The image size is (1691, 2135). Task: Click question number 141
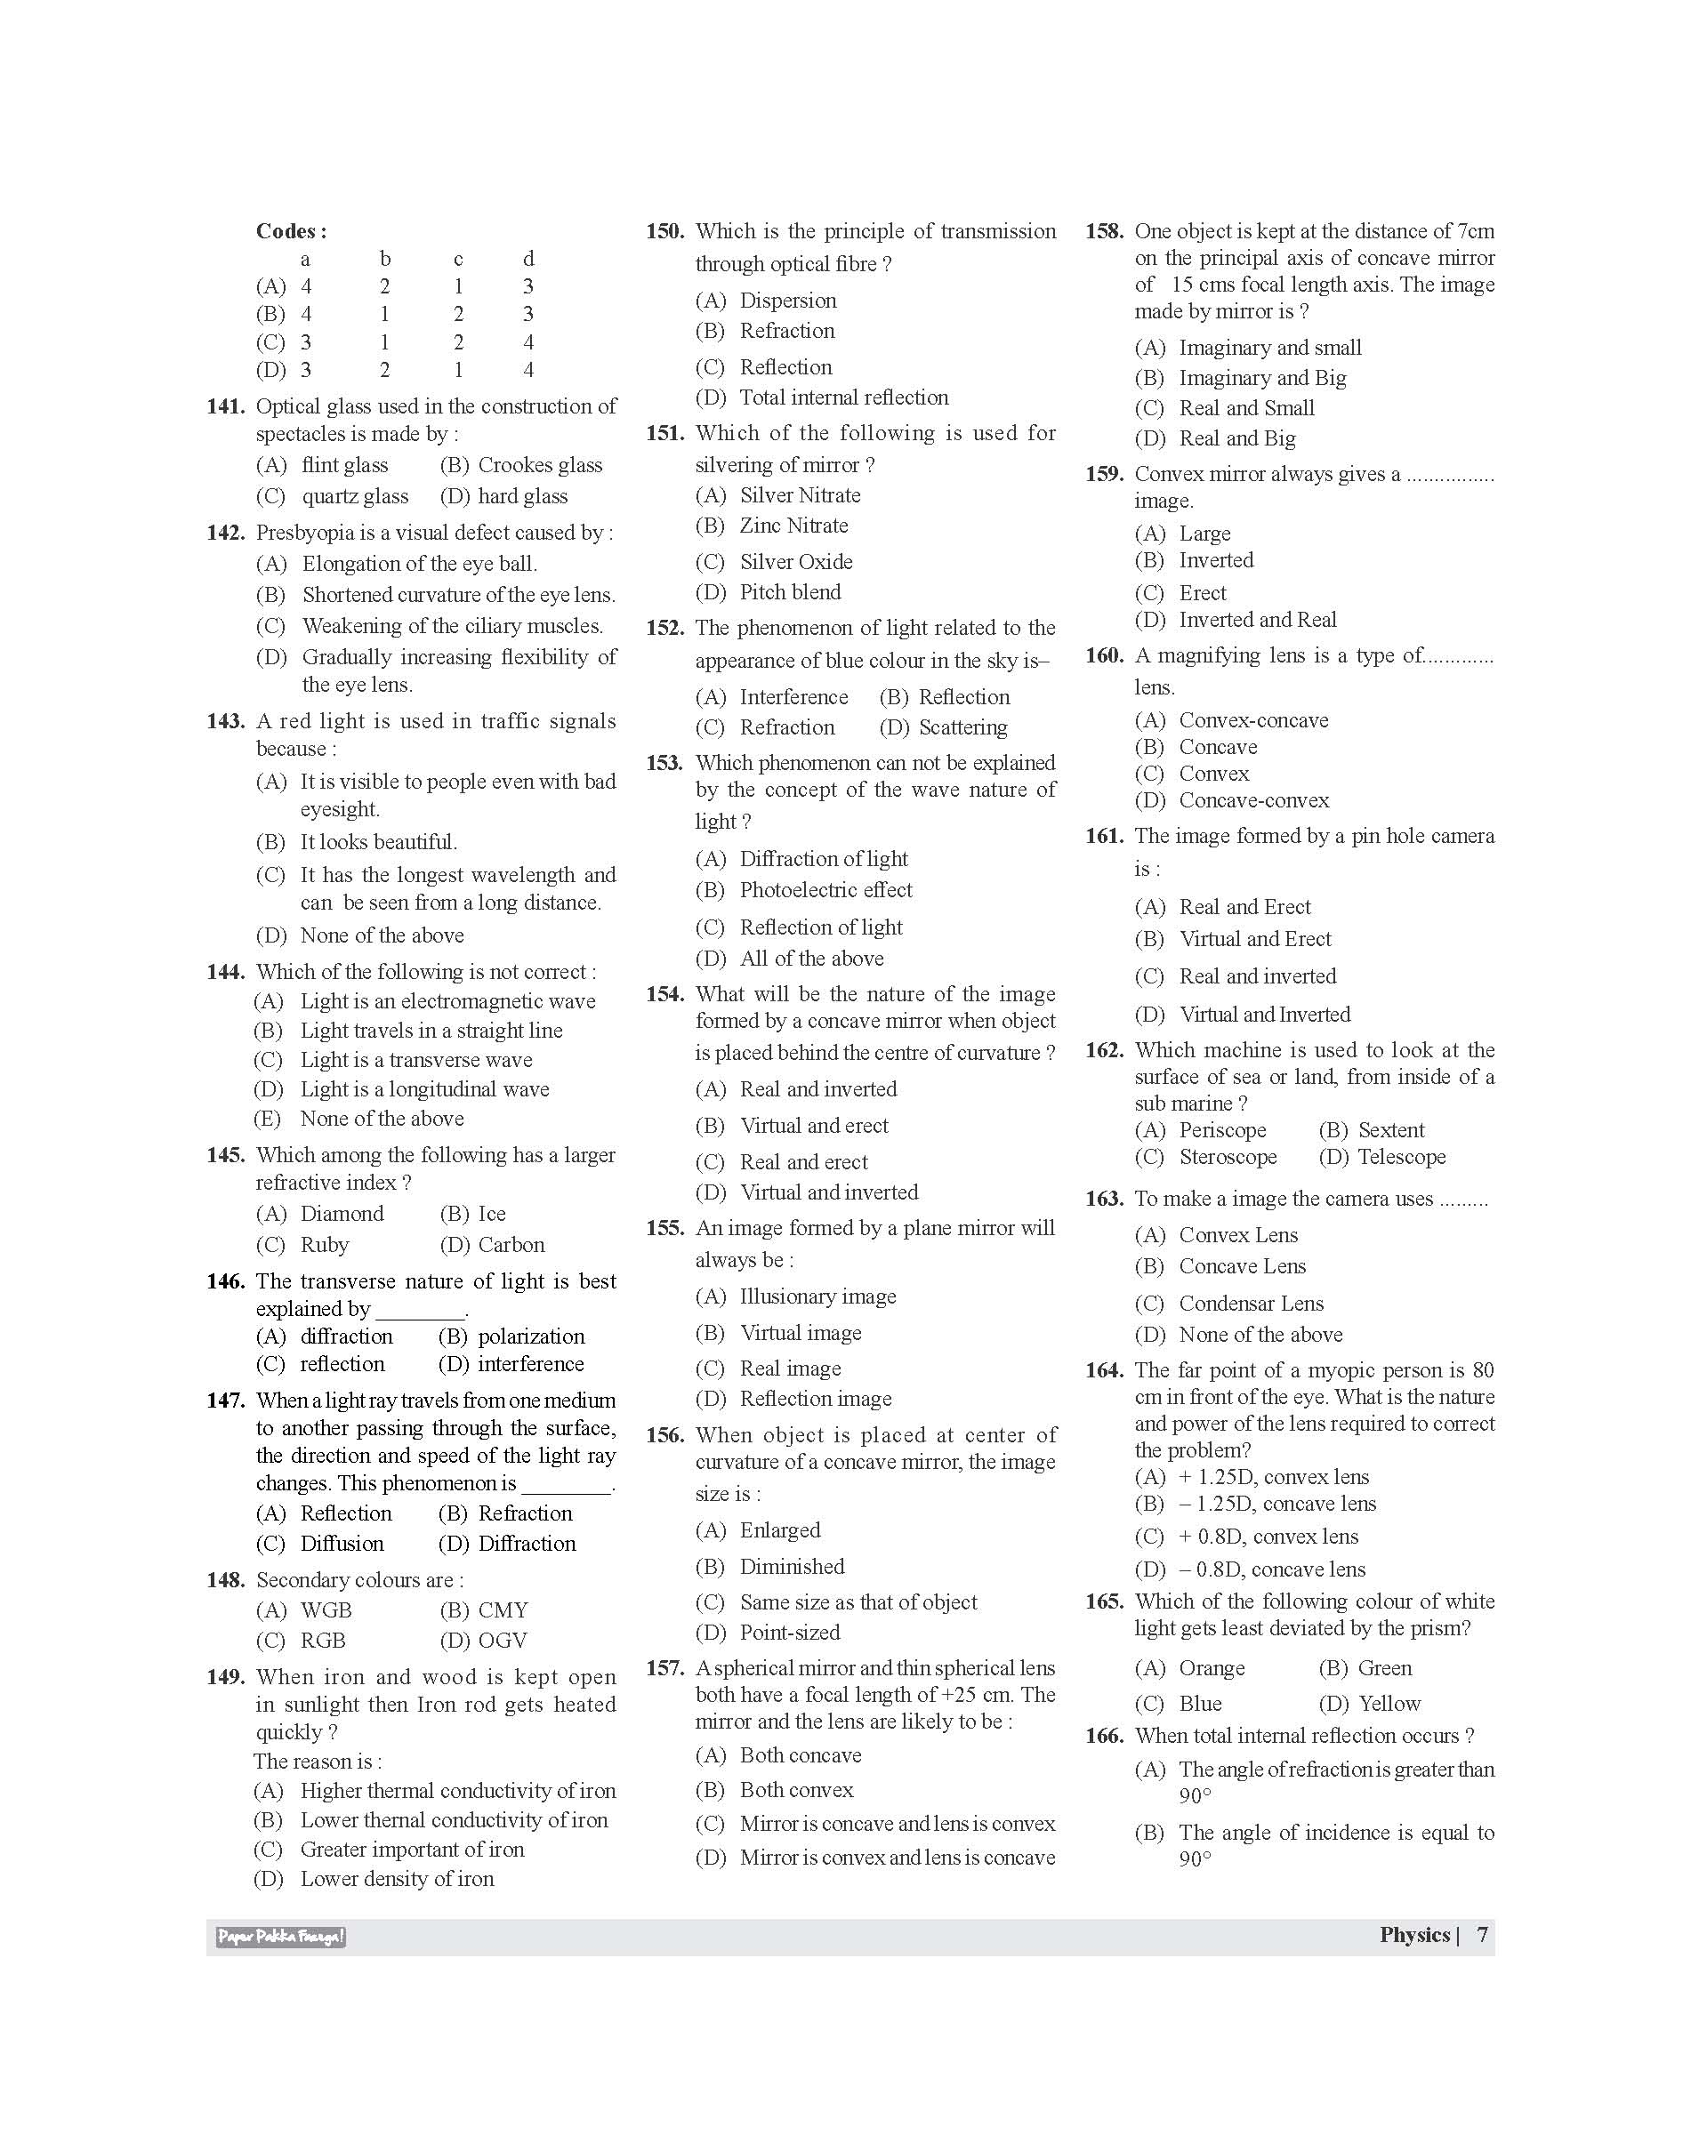(x=226, y=406)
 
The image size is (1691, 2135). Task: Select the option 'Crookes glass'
(x=540, y=465)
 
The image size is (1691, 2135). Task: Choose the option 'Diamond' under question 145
(x=342, y=1214)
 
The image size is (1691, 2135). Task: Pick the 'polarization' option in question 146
(x=531, y=1336)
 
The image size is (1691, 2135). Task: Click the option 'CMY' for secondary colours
(x=503, y=1610)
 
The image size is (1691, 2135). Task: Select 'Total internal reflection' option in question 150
(x=843, y=397)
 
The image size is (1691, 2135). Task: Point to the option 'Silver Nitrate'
(x=800, y=495)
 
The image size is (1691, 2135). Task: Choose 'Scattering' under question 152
(x=962, y=727)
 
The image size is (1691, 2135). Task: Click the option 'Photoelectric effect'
(x=825, y=890)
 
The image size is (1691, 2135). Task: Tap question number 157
(x=665, y=1668)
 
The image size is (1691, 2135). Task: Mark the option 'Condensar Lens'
(x=1251, y=1304)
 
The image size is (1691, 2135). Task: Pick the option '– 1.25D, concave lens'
(x=1277, y=1504)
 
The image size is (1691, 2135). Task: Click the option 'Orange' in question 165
(x=1211, y=1668)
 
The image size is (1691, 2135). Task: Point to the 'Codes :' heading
(x=291, y=231)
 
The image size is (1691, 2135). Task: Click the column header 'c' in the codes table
(x=458, y=260)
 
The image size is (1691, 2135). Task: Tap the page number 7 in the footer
(x=1482, y=1935)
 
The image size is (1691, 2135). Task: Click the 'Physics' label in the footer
(x=1414, y=1935)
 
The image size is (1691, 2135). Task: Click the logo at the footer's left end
(x=281, y=1937)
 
